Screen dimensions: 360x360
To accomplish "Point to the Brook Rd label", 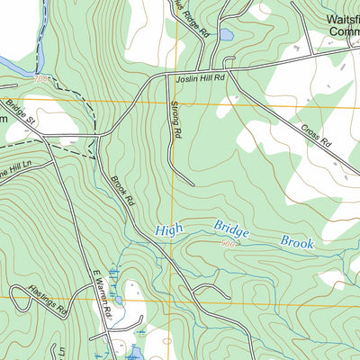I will pyautogui.click(x=123, y=186).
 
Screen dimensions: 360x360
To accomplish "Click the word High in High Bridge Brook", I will pyautogui.click(x=167, y=230).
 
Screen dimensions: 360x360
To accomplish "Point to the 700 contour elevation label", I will pyautogui.click(x=38, y=79).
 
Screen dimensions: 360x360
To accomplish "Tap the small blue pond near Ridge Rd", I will pyautogui.click(x=225, y=35).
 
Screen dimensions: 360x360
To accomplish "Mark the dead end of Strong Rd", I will pyautogui.click(x=193, y=184).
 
